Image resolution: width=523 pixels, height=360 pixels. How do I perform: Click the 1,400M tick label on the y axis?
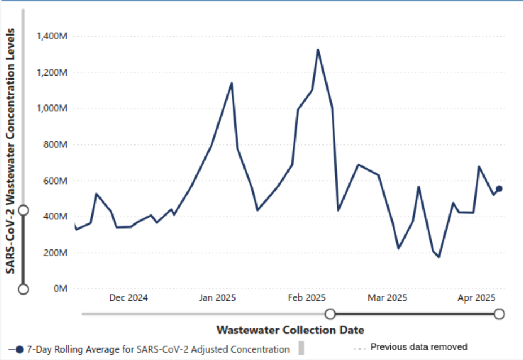(52, 37)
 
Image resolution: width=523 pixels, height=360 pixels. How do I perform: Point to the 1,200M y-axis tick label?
(52, 73)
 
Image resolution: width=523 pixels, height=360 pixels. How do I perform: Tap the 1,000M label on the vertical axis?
(52, 108)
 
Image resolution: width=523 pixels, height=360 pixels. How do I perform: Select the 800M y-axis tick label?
(55, 144)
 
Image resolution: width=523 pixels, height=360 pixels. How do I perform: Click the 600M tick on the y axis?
(55, 181)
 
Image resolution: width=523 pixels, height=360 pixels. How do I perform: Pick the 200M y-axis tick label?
(55, 253)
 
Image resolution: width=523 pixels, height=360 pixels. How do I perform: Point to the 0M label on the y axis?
(59, 289)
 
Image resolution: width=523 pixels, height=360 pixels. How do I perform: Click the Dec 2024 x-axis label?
(128, 298)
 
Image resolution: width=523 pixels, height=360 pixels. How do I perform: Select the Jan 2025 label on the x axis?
(217, 298)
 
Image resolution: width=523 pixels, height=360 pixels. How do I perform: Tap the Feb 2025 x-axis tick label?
(307, 298)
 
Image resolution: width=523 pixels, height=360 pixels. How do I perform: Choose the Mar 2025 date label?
(387, 298)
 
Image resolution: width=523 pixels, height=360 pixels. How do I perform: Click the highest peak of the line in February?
(318, 50)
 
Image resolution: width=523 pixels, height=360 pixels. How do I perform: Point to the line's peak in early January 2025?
(232, 84)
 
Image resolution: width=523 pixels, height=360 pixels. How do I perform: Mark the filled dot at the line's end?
(499, 188)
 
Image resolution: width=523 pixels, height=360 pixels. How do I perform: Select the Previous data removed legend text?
(419, 347)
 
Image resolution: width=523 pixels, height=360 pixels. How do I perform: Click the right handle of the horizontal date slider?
(499, 314)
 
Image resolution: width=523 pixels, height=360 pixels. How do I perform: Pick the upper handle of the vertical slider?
(23, 210)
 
